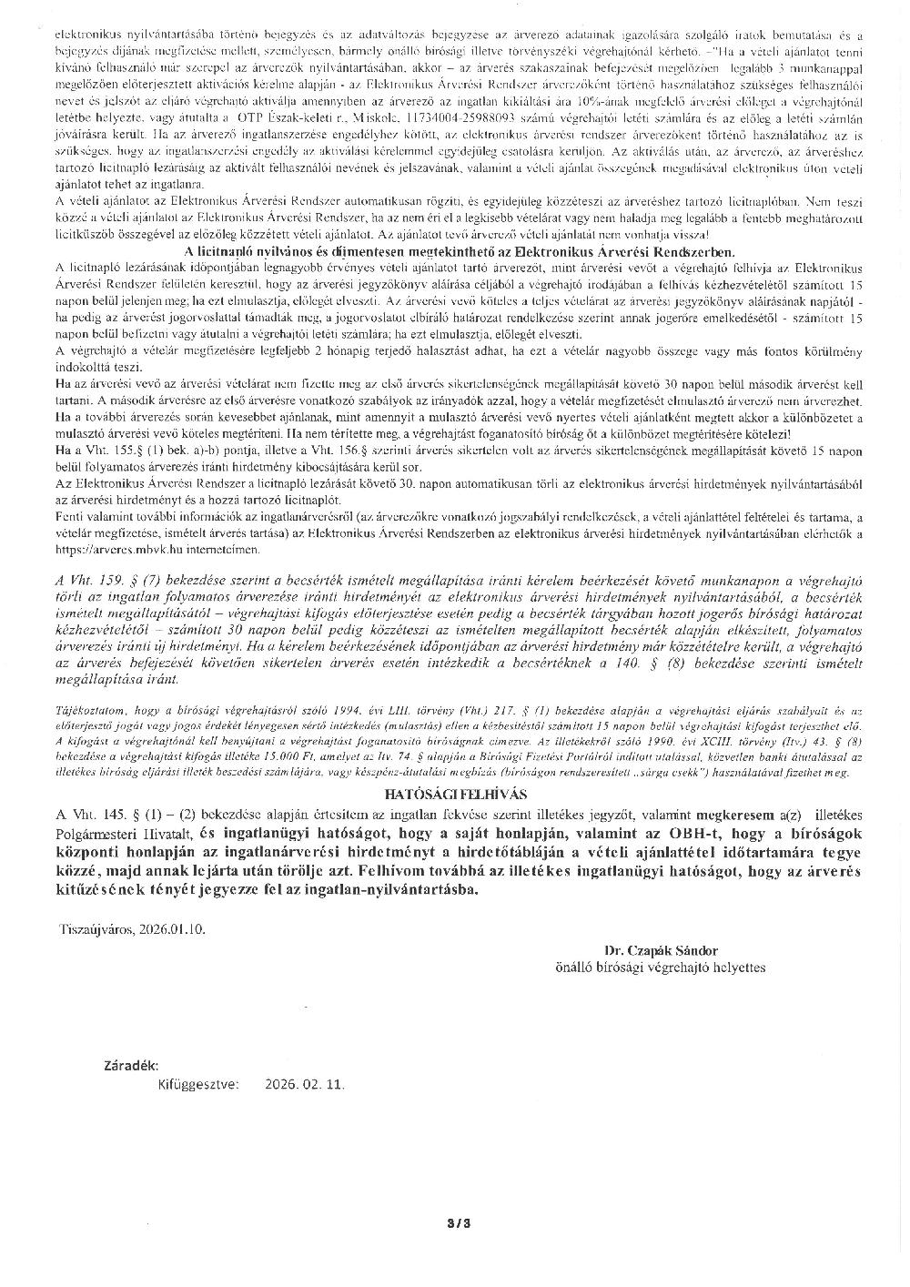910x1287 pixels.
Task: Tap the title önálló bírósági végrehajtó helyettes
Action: [660, 967]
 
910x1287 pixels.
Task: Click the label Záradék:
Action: [132, 1065]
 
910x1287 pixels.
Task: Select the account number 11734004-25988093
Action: [453, 119]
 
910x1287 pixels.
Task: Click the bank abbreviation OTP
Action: [261, 119]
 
